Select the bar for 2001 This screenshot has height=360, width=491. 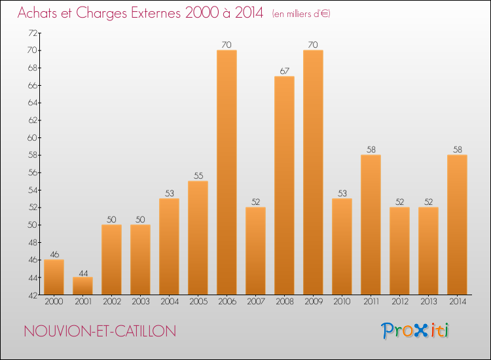(82, 286)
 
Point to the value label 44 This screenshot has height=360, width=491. (82, 272)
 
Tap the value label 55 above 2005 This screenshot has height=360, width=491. (198, 176)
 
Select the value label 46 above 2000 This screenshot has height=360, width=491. (54, 255)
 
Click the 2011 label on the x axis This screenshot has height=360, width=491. (371, 302)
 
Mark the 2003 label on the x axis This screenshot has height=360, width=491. (140, 302)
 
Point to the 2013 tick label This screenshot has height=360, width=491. (428, 302)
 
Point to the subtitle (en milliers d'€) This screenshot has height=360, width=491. (300, 13)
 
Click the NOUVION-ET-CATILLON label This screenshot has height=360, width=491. (99, 331)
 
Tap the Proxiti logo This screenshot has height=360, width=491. (416, 331)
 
